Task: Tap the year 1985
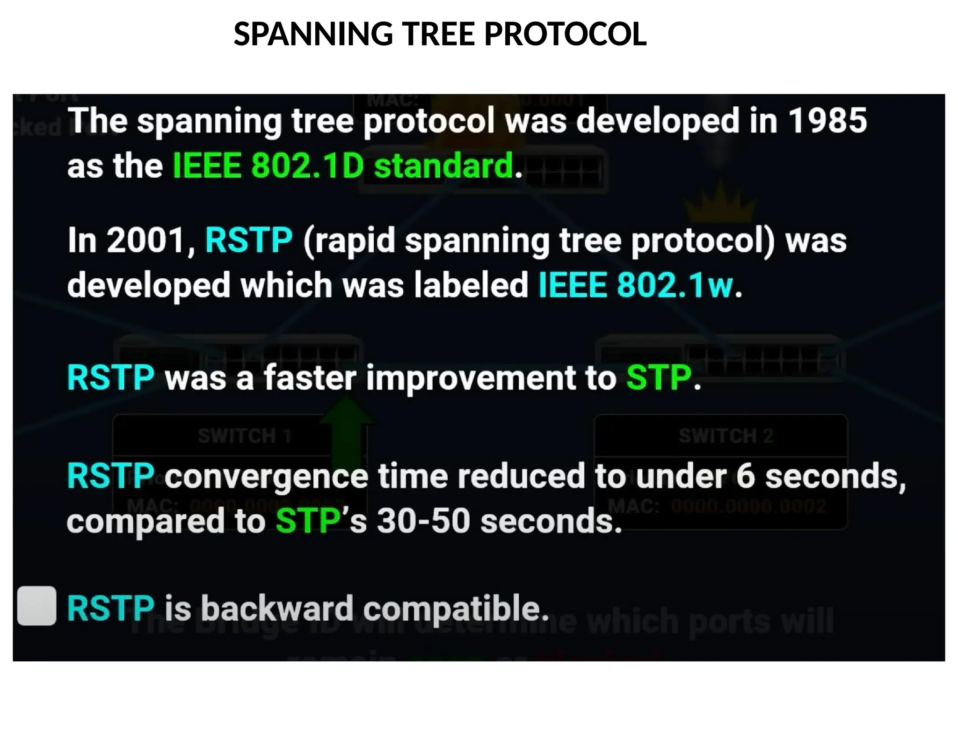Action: pyautogui.click(x=827, y=120)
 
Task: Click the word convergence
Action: pyautogui.click(x=266, y=476)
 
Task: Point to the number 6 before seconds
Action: pyautogui.click(x=746, y=475)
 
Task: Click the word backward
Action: pyautogui.click(x=277, y=608)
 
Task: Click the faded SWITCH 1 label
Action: pyautogui.click(x=244, y=436)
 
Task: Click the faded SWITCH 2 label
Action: pyautogui.click(x=726, y=436)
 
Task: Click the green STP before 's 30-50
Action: pyautogui.click(x=307, y=521)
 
